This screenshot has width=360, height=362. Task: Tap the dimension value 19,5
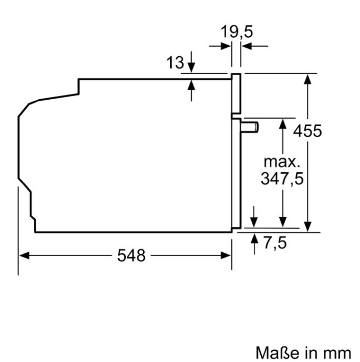[236, 32]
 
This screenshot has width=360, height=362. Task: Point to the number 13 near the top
[175, 63]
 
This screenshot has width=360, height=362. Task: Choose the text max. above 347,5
[282, 163]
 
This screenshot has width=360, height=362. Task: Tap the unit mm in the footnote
[338, 353]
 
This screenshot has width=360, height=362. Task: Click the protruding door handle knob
[251, 128]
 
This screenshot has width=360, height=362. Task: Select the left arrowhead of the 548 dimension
[23, 255]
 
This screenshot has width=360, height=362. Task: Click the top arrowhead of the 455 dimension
[307, 78]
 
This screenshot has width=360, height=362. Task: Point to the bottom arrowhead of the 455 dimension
[307, 226]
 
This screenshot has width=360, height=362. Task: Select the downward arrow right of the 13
[192, 66]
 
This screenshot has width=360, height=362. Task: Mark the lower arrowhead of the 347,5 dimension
[283, 222]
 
